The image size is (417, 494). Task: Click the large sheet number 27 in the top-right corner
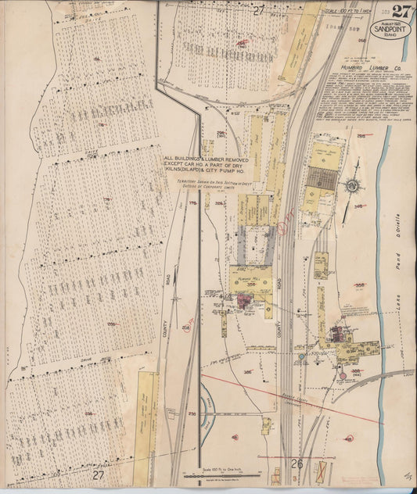click(401, 11)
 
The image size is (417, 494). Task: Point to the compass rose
click(353, 185)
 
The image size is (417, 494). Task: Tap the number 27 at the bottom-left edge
click(98, 474)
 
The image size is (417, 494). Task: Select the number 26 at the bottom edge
click(297, 464)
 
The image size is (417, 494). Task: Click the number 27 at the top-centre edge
click(259, 9)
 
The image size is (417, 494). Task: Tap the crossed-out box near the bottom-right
click(322, 471)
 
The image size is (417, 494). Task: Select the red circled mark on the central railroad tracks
click(281, 230)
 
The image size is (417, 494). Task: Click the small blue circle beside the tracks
click(301, 358)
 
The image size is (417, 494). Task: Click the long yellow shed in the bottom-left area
click(146, 414)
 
